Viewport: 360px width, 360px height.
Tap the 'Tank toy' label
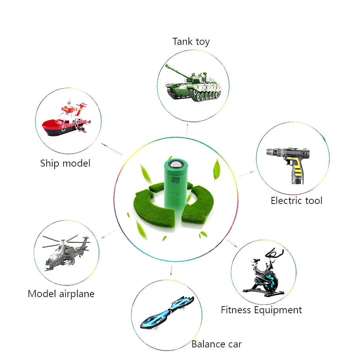[x=191, y=42]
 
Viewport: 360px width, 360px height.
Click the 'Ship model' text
[x=65, y=163]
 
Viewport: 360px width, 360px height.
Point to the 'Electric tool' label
[x=296, y=200]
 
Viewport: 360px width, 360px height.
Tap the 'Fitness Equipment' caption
[x=261, y=310]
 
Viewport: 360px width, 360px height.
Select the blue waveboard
[x=167, y=312]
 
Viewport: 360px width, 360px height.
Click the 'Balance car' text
[x=216, y=344]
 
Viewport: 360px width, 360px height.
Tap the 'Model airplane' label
[x=61, y=294]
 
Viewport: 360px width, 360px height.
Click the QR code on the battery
[x=175, y=181]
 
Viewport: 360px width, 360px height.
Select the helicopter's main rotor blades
[x=65, y=240]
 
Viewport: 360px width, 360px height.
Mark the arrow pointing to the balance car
[x=171, y=271]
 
